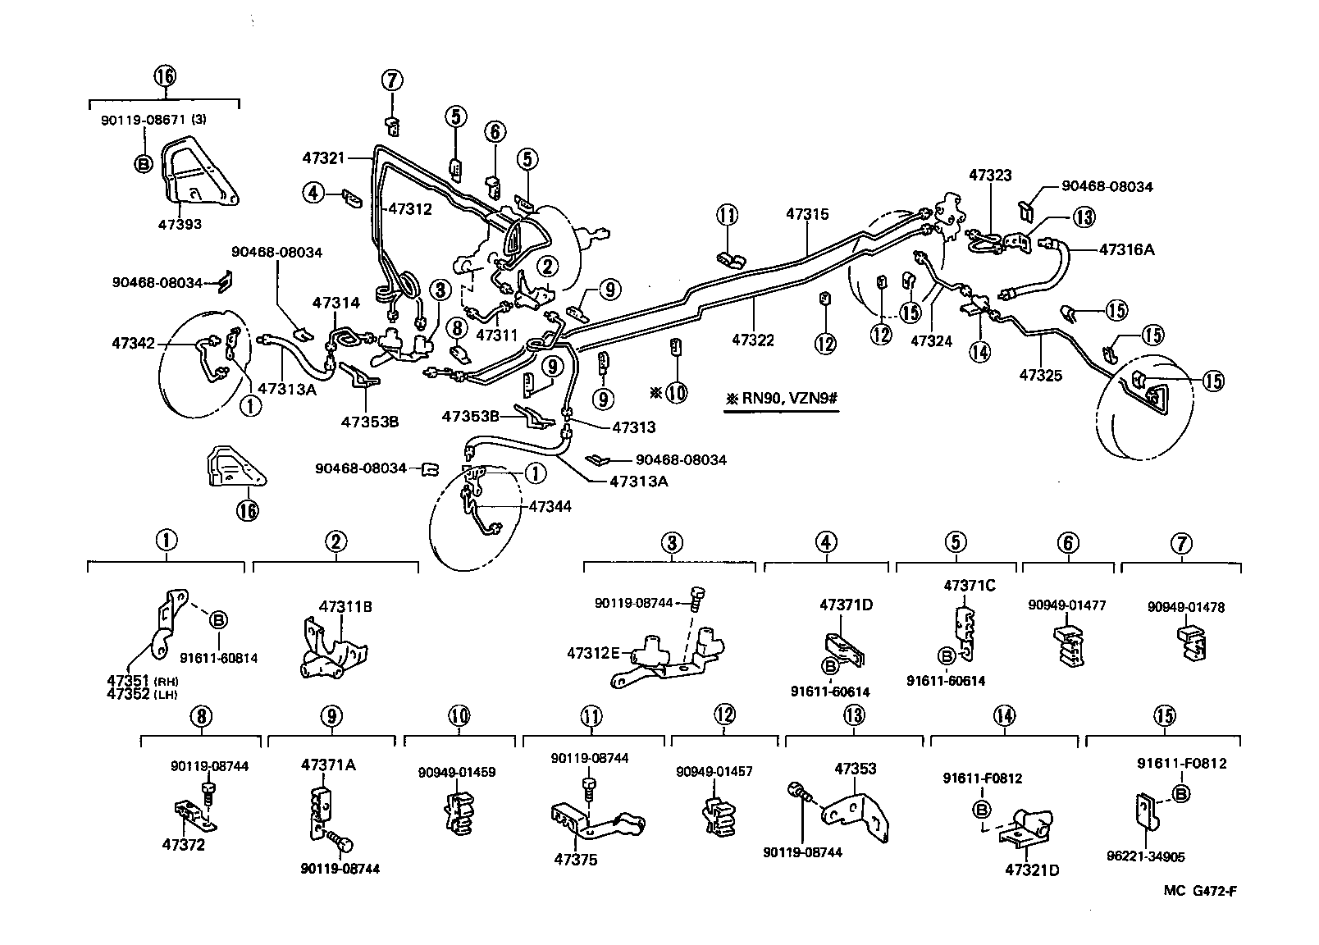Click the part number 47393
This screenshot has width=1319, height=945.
click(181, 224)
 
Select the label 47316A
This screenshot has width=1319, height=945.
click(1126, 249)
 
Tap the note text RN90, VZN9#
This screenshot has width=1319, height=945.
click(787, 399)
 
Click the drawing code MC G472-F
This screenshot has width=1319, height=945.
click(1198, 892)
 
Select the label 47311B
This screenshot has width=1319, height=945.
click(345, 607)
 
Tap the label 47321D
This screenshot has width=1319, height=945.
click(1032, 870)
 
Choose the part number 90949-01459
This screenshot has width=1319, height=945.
click(457, 772)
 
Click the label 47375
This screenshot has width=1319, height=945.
click(575, 860)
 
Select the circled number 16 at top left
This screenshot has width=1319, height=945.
click(164, 76)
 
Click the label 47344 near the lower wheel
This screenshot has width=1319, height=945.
click(550, 507)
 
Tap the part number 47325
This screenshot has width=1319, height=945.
click(1040, 376)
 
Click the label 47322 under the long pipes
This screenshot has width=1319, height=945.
click(753, 340)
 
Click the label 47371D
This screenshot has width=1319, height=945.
click(846, 605)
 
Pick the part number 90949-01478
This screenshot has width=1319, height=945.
click(1185, 607)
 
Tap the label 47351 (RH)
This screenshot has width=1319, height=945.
click(134, 682)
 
